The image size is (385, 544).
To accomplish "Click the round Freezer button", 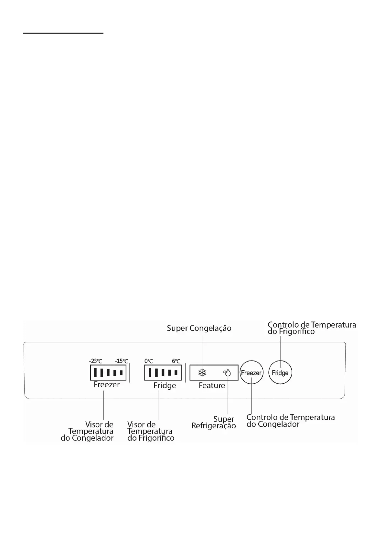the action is (x=251, y=372).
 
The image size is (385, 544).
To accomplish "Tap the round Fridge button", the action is (x=280, y=372).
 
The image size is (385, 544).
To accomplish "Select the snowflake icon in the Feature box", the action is (x=202, y=373).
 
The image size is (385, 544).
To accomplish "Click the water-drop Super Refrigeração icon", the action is (x=227, y=373).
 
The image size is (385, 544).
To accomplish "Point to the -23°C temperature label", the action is (x=95, y=361).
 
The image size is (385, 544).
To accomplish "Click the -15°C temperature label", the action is (x=121, y=361).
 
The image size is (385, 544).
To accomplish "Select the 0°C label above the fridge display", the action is (x=149, y=361).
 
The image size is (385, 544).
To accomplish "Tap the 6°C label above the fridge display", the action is (x=176, y=361).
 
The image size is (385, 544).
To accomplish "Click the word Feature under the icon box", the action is (x=212, y=385).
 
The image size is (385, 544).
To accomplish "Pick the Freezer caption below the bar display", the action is (x=107, y=384).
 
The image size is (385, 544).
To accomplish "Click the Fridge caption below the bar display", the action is (x=165, y=385).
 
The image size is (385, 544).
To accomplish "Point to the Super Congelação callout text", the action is (x=199, y=328).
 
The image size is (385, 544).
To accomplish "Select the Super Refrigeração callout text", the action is (x=214, y=423).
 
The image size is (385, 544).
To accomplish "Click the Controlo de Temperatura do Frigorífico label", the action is (x=312, y=328).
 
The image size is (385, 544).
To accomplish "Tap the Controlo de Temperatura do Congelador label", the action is (x=290, y=421).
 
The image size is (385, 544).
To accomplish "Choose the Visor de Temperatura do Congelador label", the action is (x=88, y=431).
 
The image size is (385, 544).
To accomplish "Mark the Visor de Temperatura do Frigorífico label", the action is (x=151, y=431).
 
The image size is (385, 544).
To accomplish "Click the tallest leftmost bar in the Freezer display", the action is (x=95, y=373).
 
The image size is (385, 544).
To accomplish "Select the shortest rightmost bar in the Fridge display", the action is (x=176, y=372).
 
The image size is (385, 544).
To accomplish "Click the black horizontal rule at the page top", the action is (x=63, y=33).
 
